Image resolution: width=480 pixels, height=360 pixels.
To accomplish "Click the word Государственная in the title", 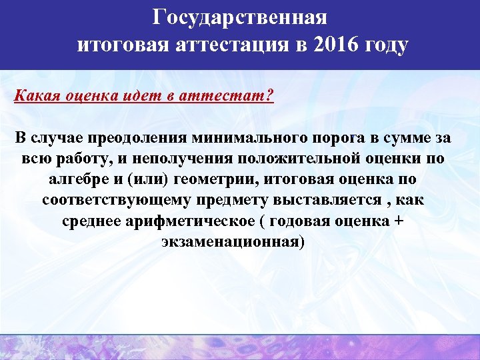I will pyautogui.click(x=240, y=16).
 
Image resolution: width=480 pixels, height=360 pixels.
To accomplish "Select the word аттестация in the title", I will pyautogui.click(x=231, y=45).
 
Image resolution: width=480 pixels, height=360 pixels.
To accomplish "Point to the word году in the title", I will pyautogui.click(x=382, y=45).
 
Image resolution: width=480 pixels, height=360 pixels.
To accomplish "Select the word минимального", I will pyautogui.click(x=248, y=139).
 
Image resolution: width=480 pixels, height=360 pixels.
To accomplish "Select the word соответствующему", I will pyautogui.click(x=117, y=201).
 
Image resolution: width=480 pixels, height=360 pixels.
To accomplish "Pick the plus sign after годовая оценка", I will pyautogui.click(x=399, y=221).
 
